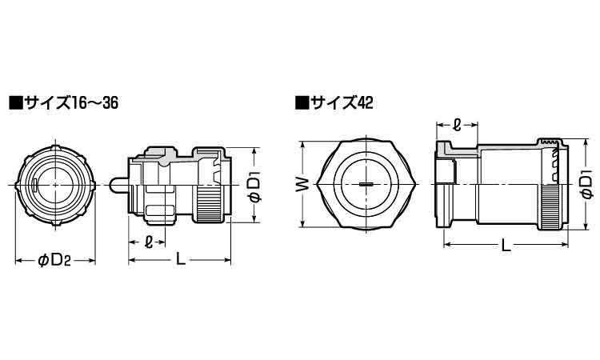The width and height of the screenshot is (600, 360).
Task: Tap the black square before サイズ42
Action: pyautogui.click(x=302, y=103)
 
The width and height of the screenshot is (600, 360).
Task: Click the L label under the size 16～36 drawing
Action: pyautogui.click(x=179, y=259)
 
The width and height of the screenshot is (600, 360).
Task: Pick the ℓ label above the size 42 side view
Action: pyautogui.click(x=456, y=125)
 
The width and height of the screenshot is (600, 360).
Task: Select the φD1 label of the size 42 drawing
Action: pyautogui.click(x=586, y=185)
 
